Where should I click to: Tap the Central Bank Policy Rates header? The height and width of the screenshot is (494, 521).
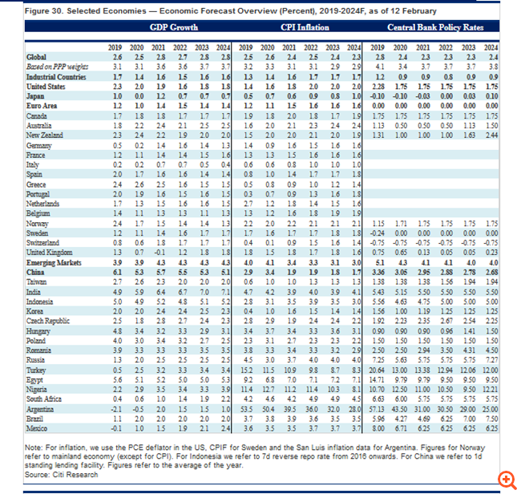pyautogui.click(x=434, y=27)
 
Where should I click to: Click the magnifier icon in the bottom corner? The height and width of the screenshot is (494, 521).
pyautogui.click(x=506, y=480)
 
